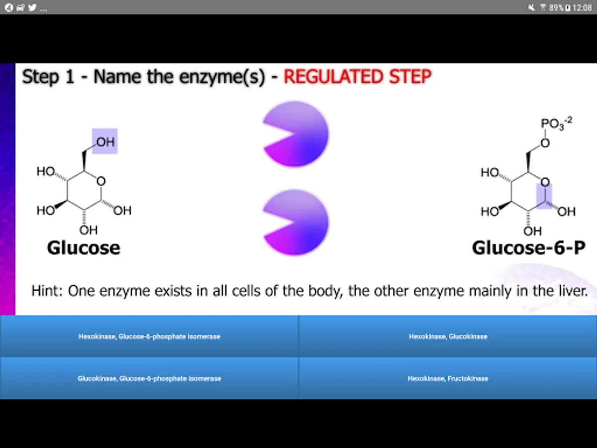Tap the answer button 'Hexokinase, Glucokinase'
(448, 336)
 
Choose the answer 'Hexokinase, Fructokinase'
(448, 378)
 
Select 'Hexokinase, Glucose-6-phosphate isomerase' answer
(149, 336)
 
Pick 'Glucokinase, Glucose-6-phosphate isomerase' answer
(149, 378)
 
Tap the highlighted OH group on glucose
(105, 141)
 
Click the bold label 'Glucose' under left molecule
(84, 248)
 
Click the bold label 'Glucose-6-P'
(528, 248)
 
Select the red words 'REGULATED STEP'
(357, 77)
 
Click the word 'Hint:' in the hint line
(47, 291)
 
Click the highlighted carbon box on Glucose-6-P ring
(544, 196)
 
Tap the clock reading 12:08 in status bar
(582, 7)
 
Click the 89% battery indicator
(557, 7)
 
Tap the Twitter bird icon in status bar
(32, 7)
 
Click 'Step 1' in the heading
(48, 77)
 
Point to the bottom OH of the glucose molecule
(88, 230)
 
